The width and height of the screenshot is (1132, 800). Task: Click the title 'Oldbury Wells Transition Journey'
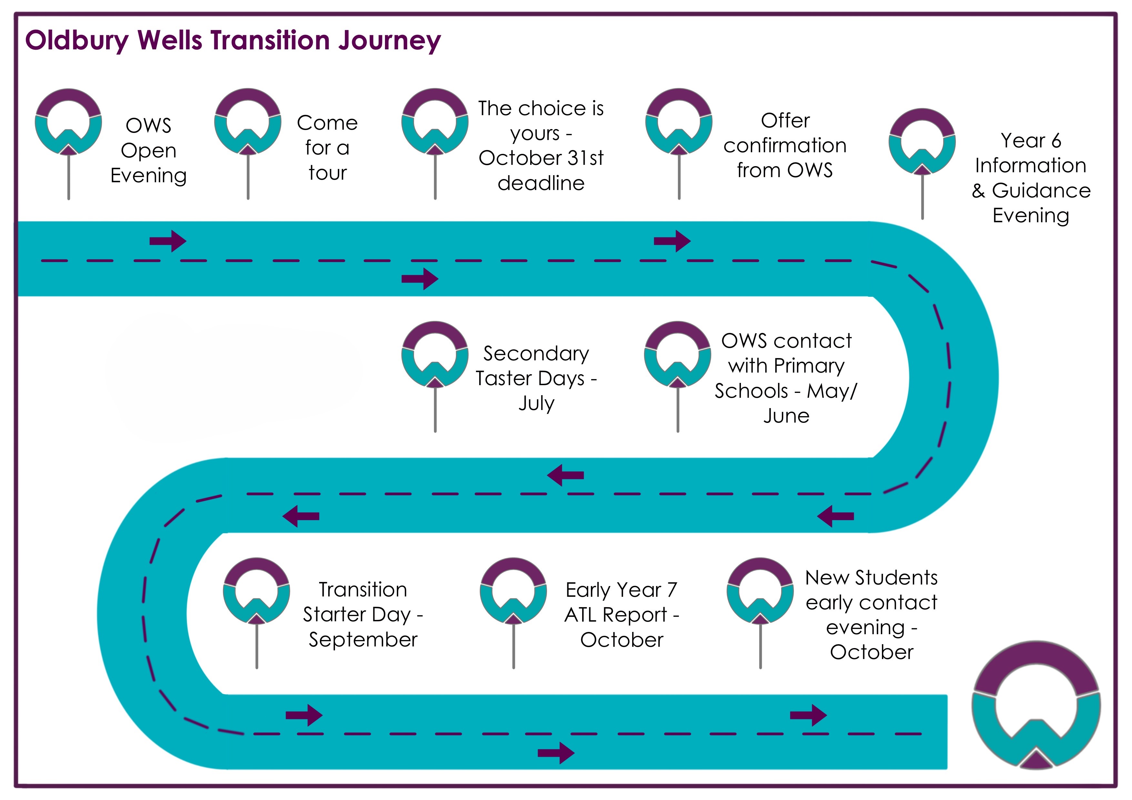[x=233, y=40]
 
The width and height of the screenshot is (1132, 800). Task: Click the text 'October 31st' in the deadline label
[x=541, y=158]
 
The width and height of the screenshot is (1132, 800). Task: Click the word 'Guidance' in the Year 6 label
[x=1041, y=191]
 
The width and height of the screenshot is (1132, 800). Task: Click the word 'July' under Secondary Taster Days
[x=536, y=403]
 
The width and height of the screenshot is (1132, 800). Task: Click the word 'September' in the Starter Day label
[x=363, y=640]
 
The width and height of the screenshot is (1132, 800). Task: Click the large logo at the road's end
[x=1036, y=705]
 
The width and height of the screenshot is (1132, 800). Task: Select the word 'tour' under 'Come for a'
[x=328, y=173]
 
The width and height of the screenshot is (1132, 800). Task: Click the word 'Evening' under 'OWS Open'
[x=148, y=175]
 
